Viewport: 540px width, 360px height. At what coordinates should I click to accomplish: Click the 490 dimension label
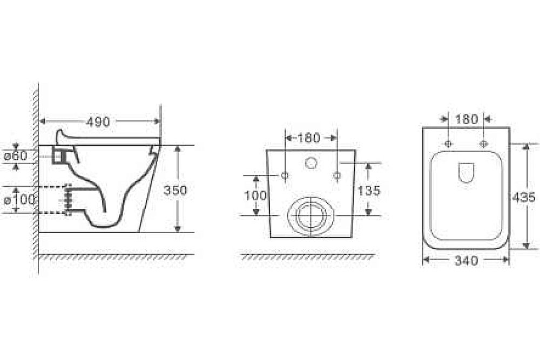98,121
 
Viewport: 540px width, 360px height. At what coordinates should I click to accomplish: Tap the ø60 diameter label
16,157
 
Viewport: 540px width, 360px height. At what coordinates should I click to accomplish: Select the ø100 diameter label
19,200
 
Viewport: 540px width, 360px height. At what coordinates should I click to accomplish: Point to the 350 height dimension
175,191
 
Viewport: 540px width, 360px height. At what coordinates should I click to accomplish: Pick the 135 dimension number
369,191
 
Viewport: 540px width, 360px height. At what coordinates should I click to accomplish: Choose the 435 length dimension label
523,197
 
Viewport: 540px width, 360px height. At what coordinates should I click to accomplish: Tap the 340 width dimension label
467,261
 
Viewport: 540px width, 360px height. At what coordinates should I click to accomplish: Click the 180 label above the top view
467,119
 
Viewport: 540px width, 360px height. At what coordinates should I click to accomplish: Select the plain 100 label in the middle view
255,195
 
